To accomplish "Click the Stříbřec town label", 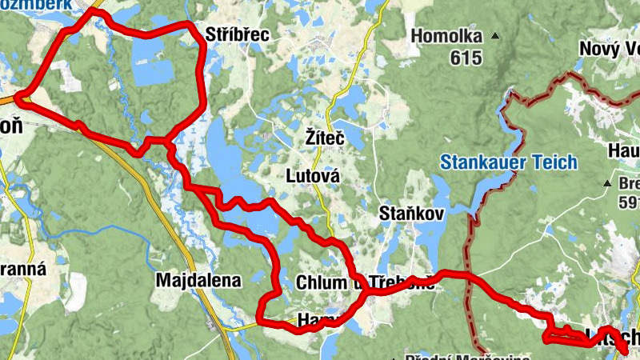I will pos(238,34).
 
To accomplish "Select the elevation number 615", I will pos(466,57).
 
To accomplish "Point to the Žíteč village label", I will pos(324,138).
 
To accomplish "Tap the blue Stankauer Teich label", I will pos(508,162).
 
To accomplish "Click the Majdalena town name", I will pos(198,280).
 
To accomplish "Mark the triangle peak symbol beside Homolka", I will pos(496,36).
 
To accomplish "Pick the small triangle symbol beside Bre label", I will pos(608,183).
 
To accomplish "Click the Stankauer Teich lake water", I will pos(488,192).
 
